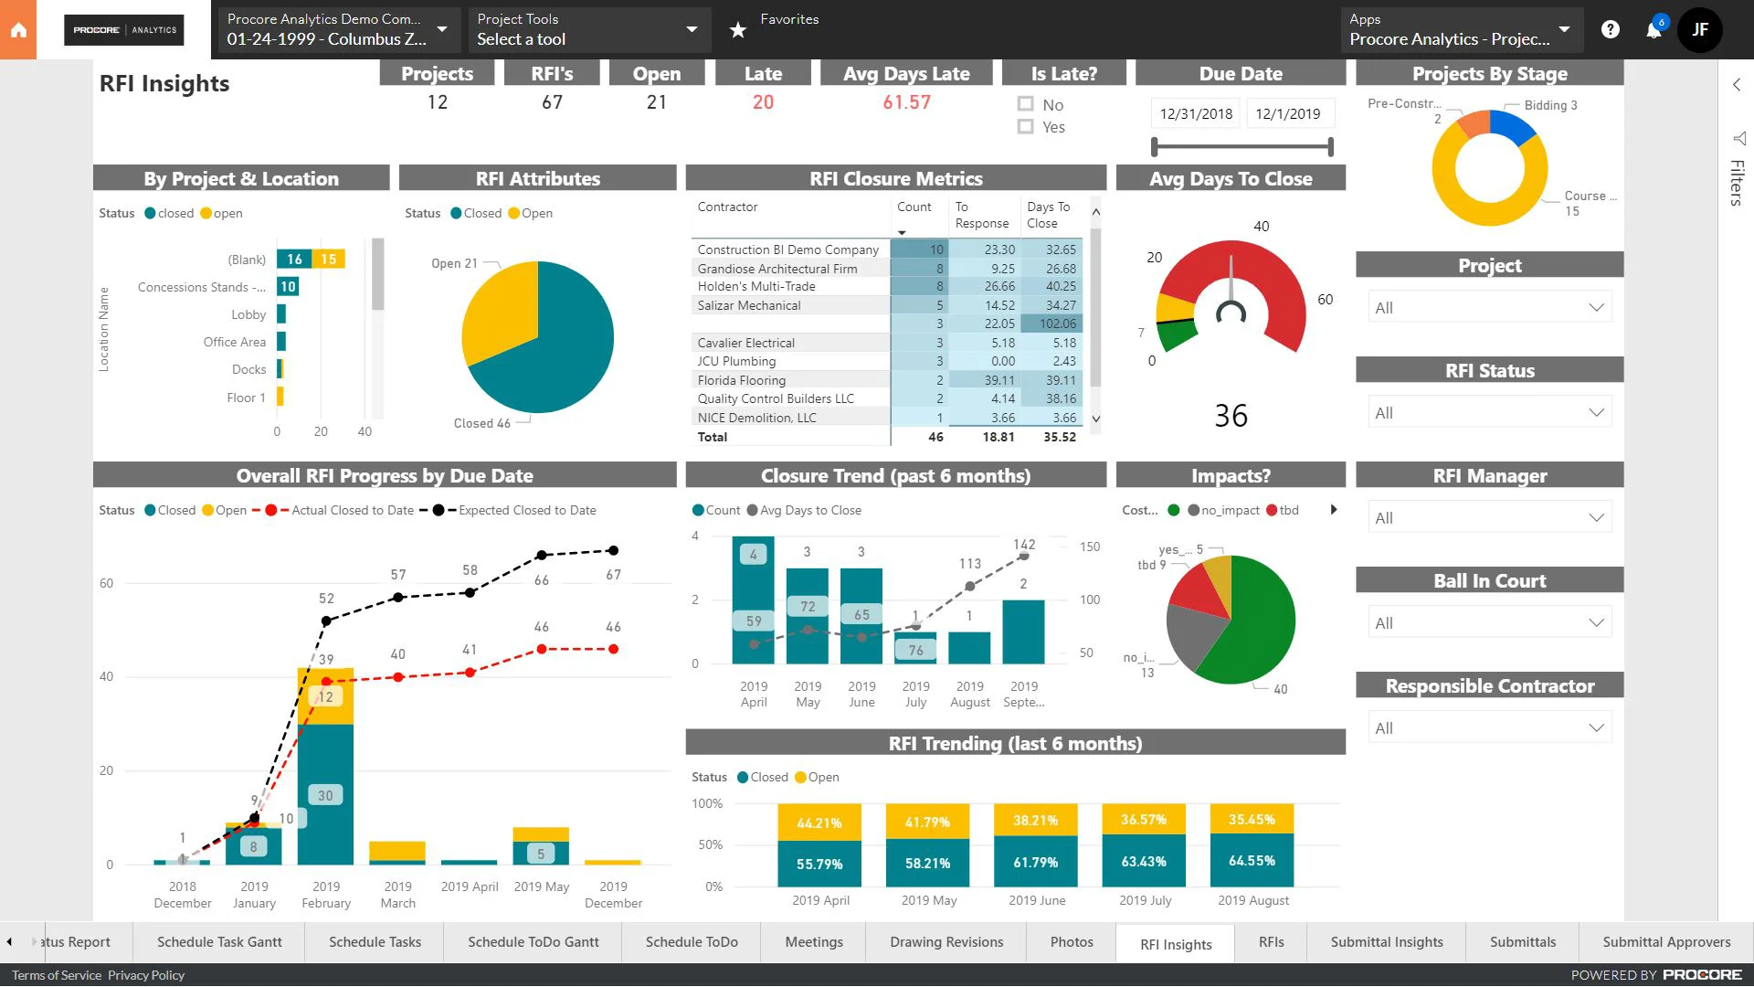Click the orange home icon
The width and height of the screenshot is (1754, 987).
[x=18, y=30]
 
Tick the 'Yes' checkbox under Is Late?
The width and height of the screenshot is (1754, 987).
[x=1026, y=127]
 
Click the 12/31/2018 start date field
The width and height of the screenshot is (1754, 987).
[x=1196, y=114]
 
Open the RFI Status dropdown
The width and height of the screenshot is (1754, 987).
[x=1489, y=413]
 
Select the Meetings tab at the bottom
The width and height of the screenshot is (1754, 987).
[x=814, y=942]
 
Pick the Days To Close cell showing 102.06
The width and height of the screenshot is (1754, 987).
[x=1058, y=324]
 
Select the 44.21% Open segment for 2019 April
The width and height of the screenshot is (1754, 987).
[x=819, y=822]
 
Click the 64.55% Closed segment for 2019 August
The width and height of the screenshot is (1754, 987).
[x=1252, y=862]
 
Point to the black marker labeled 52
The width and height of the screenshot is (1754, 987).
[x=326, y=621]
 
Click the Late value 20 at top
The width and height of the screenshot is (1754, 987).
[x=763, y=102]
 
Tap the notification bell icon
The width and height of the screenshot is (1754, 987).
[x=1654, y=30]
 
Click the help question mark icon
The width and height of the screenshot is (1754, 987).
[x=1611, y=30]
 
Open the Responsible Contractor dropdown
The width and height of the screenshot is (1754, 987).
[x=1489, y=728]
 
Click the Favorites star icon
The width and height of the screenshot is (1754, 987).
[x=738, y=30]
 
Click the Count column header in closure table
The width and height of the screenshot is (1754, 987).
[x=914, y=207]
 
